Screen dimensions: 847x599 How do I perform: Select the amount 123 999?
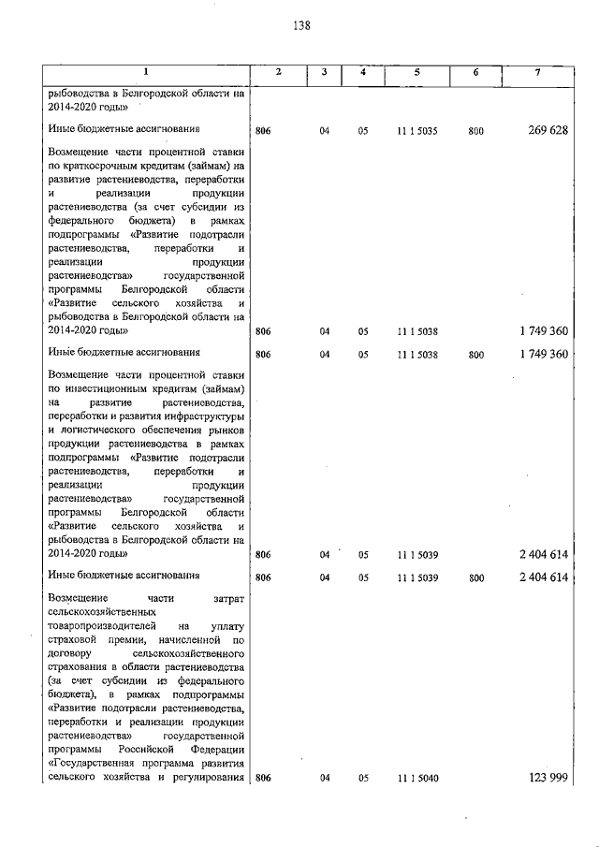548,778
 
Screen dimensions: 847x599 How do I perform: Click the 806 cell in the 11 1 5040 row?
263,779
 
